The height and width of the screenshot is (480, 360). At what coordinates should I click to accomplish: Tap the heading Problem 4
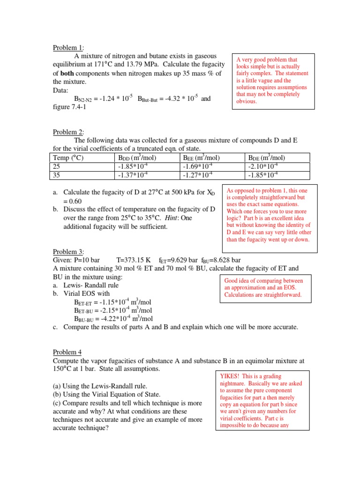[67, 352]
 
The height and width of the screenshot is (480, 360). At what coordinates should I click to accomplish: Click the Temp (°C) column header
[68, 158]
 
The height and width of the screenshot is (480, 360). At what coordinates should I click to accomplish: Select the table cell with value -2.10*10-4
[263, 166]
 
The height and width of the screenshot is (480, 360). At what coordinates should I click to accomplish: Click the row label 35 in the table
[57, 175]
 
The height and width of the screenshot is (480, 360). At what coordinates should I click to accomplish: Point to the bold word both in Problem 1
[68, 73]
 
